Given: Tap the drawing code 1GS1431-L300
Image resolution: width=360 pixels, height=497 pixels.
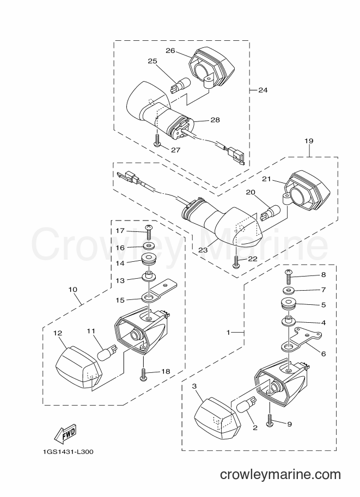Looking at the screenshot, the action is [68, 452].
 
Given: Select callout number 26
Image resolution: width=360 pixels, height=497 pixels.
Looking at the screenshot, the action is [170, 51].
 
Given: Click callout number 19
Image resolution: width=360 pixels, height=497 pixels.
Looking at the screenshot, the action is [309, 140].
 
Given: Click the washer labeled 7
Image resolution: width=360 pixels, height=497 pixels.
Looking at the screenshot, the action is [288, 290].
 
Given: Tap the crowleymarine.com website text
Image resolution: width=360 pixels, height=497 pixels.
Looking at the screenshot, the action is [280, 475].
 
